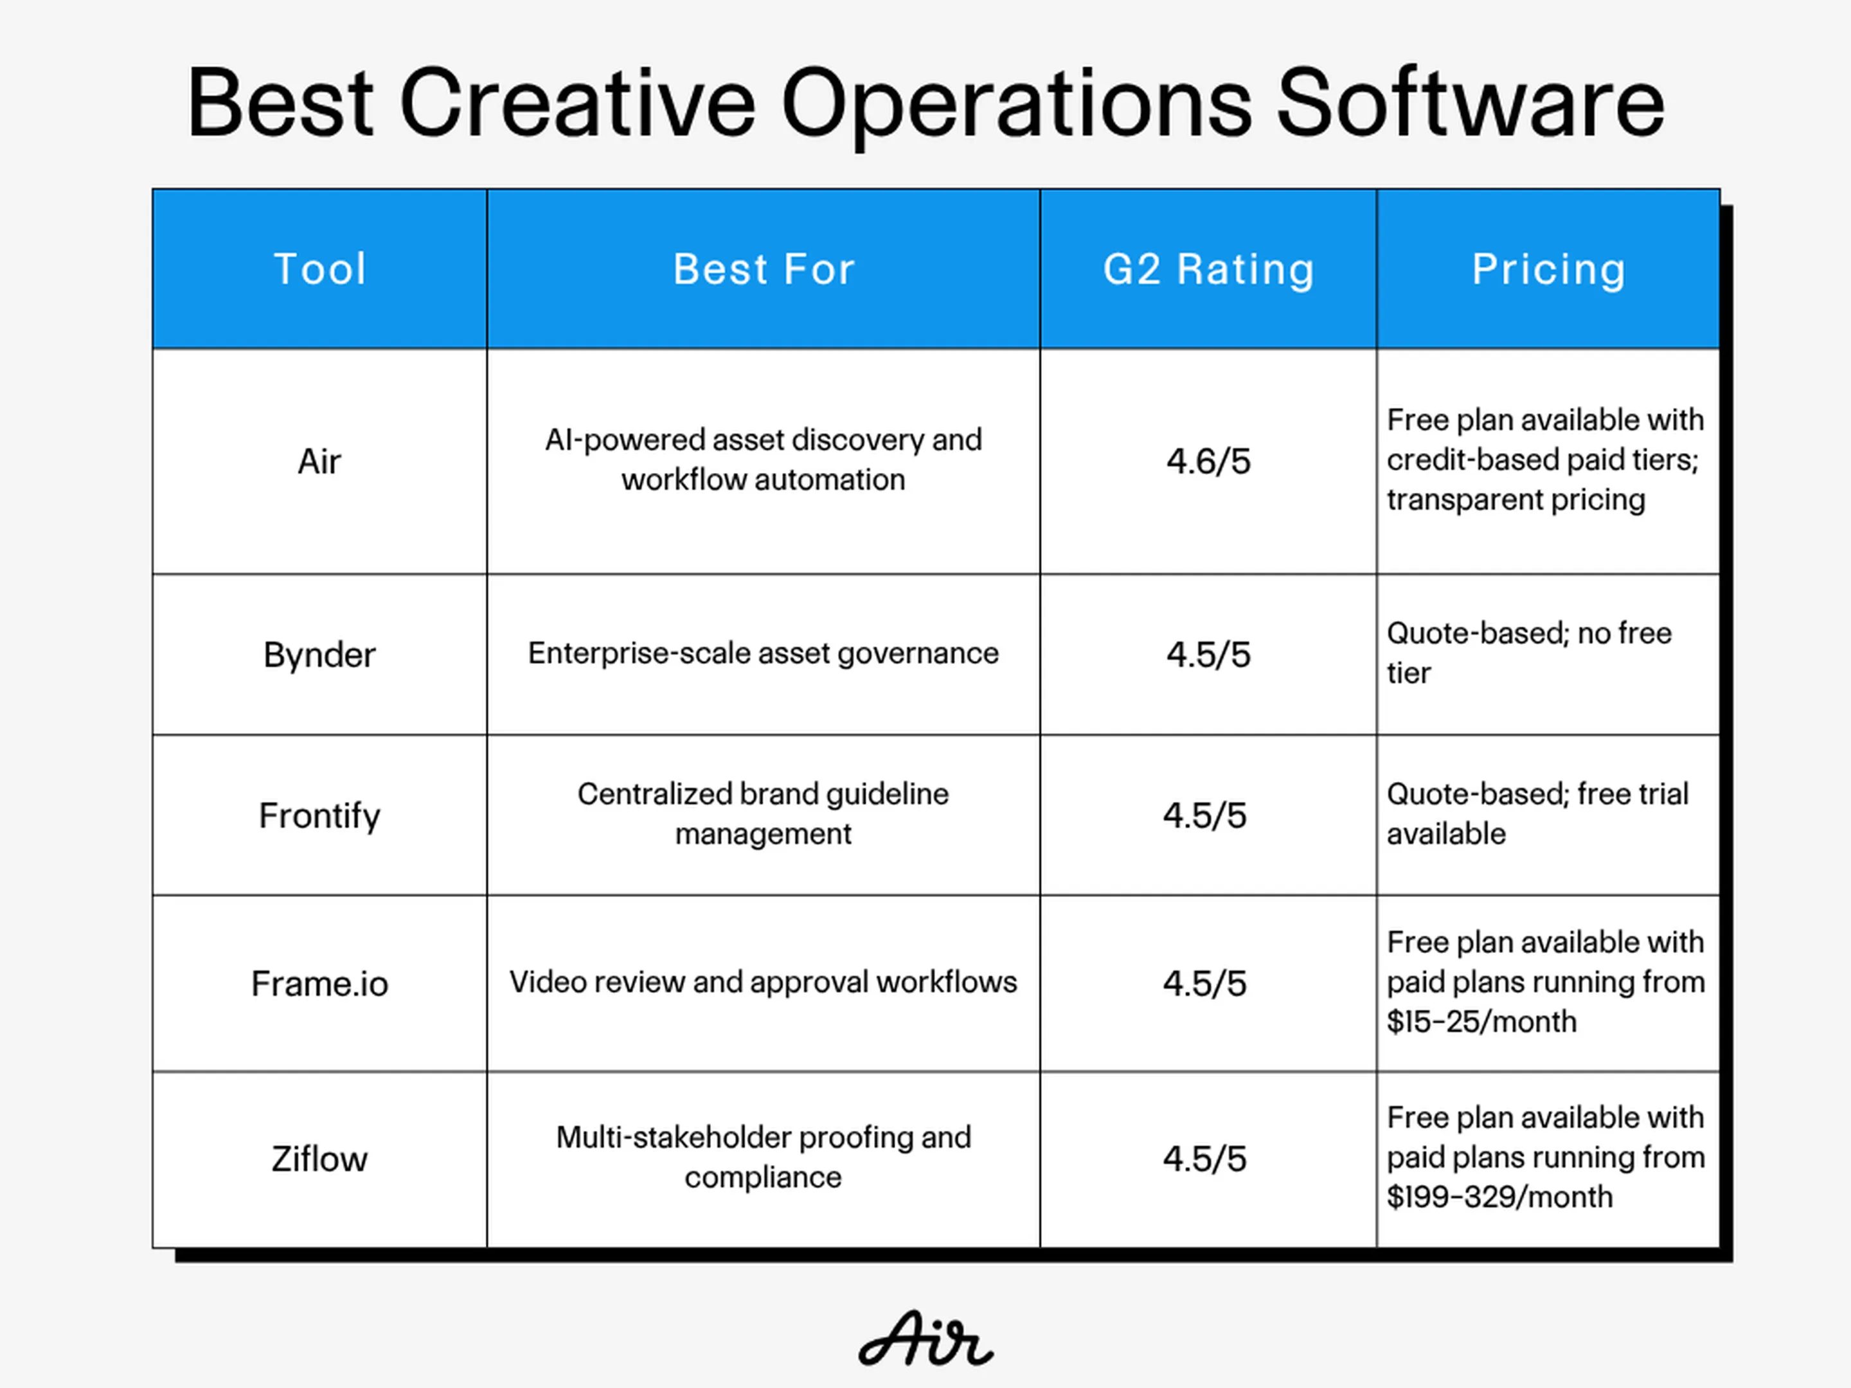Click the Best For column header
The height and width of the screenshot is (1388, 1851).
(x=764, y=269)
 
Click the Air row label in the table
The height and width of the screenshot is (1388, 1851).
(x=319, y=461)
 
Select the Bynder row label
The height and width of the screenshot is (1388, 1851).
(x=319, y=655)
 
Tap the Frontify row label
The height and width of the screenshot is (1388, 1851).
(x=319, y=815)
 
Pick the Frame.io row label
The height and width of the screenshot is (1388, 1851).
(x=319, y=984)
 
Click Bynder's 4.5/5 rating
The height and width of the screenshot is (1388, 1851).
(x=1208, y=655)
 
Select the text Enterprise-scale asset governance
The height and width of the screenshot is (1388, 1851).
(x=763, y=654)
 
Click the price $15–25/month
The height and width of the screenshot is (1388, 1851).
(x=1482, y=1022)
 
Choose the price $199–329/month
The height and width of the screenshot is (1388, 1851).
(x=1499, y=1197)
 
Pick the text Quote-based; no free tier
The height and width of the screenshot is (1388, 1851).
(x=1529, y=653)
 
